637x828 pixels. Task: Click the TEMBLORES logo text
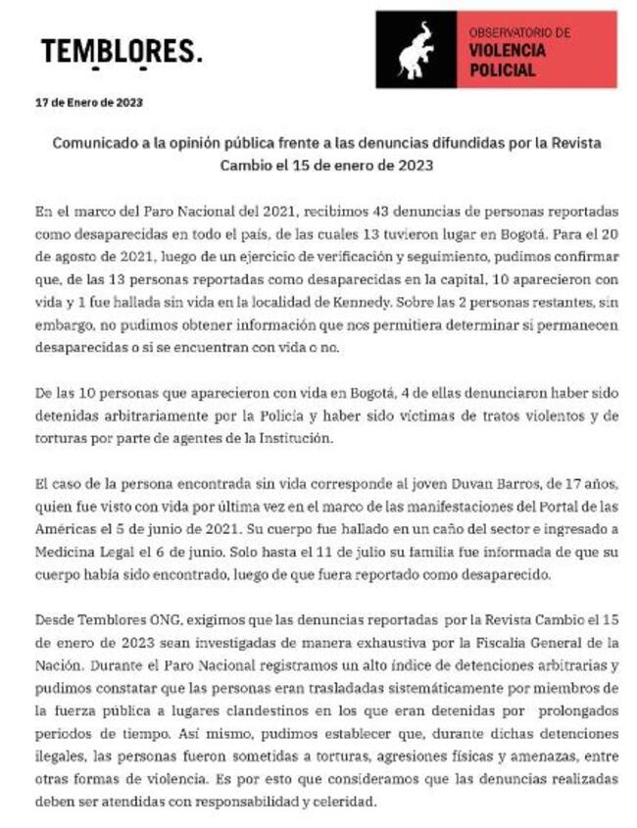(x=122, y=50)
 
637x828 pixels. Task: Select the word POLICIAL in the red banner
(x=502, y=71)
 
